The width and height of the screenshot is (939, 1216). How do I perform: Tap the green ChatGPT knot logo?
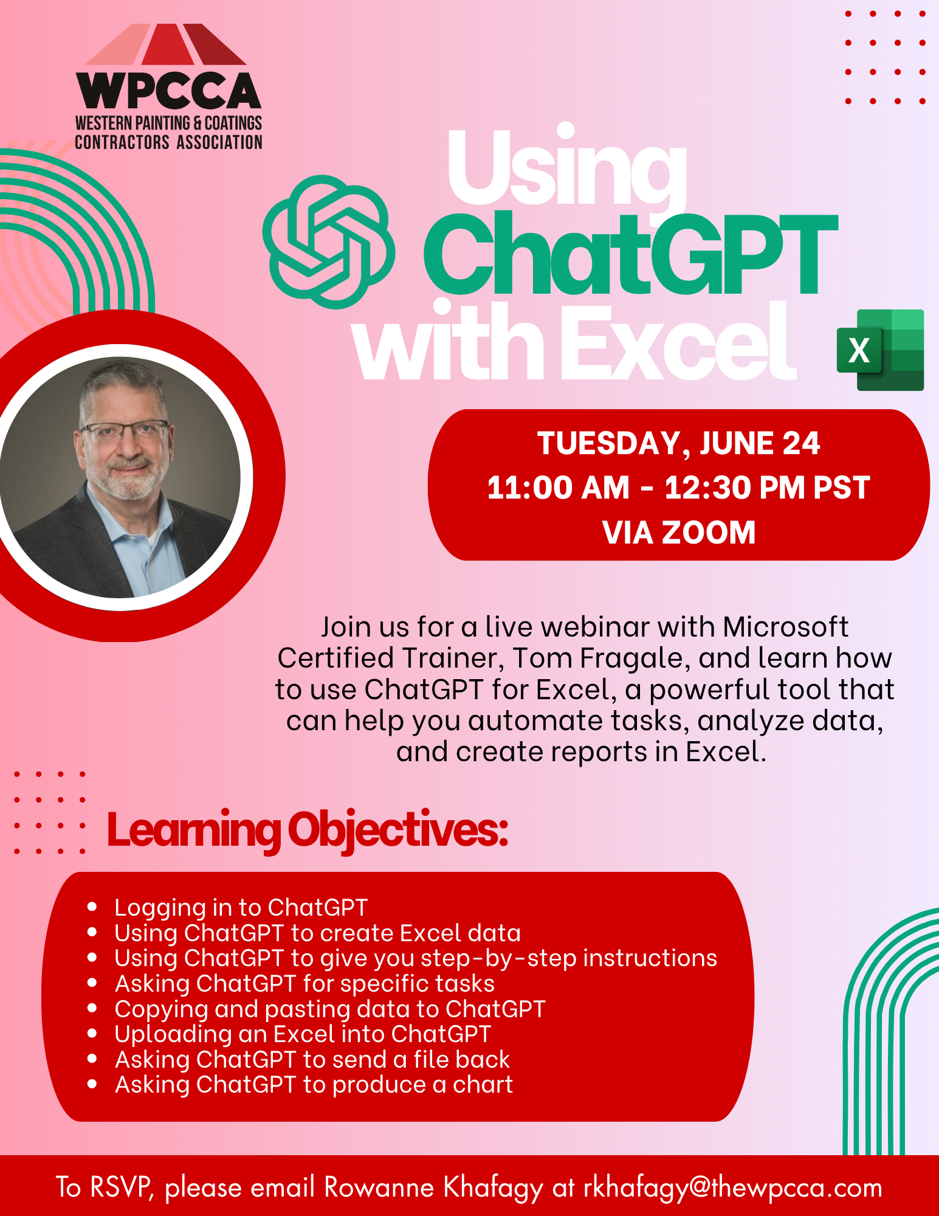[x=329, y=241]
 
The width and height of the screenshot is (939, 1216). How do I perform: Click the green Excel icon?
[x=881, y=350]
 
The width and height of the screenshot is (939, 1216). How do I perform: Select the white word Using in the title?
[x=567, y=168]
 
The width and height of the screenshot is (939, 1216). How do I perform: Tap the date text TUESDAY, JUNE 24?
[x=678, y=443]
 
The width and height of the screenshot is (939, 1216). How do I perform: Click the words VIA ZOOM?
[x=679, y=533]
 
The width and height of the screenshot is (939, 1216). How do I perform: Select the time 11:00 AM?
[x=558, y=488]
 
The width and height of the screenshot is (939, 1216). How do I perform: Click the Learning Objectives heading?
[x=308, y=831]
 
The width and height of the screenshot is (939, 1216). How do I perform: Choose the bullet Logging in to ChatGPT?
[x=241, y=908]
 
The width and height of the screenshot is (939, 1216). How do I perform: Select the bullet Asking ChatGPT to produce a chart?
[x=314, y=1085]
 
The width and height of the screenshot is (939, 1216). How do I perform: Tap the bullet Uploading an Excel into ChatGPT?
[x=303, y=1034]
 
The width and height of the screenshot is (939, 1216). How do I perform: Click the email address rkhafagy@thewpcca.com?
[x=733, y=1188]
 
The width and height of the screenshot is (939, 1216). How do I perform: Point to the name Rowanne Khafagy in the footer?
[x=433, y=1188]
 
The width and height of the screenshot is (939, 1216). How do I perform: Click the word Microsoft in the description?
[x=785, y=627]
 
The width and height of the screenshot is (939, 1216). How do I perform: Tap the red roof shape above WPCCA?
[x=166, y=44]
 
